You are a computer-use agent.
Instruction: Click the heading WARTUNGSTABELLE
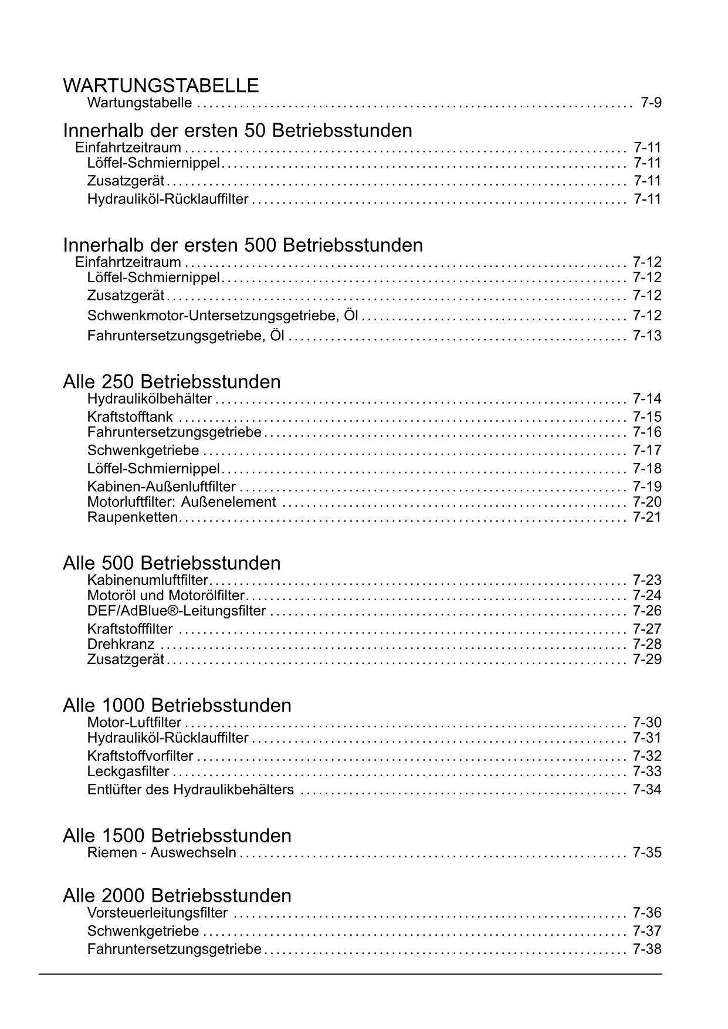tap(161, 86)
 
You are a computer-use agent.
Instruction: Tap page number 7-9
tap(651, 103)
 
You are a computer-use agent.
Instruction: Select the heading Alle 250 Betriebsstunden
tap(171, 382)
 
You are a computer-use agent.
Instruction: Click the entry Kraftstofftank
tap(130, 417)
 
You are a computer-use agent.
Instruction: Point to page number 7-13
tap(647, 336)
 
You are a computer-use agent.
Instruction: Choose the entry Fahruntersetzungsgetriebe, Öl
tap(185, 336)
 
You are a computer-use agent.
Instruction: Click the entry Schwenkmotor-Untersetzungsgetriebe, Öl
tap(222, 316)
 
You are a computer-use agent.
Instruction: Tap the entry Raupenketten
tap(132, 517)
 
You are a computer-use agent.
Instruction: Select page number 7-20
tap(647, 502)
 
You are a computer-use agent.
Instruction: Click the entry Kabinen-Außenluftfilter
tap(161, 487)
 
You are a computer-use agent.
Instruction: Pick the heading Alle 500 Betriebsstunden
tap(171, 563)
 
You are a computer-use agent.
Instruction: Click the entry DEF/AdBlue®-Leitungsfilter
tap(177, 611)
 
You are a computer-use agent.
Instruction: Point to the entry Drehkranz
tap(121, 644)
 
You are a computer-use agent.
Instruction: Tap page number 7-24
tap(647, 596)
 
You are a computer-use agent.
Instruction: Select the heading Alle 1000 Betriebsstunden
tap(177, 705)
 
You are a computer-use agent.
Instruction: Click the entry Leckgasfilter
tap(128, 771)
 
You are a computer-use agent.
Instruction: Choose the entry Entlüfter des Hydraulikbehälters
tap(190, 790)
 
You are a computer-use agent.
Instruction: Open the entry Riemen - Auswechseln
tap(161, 852)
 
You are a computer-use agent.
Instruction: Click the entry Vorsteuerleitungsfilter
tap(157, 913)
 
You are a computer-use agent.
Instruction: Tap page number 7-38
tap(647, 949)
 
